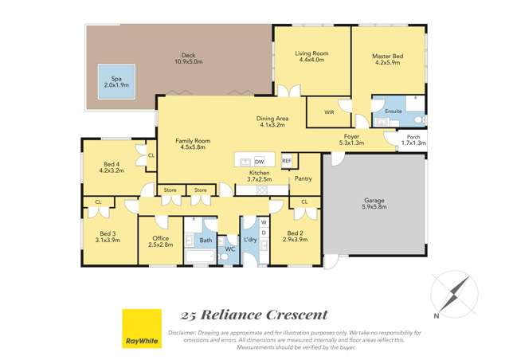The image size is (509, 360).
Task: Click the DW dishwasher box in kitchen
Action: [260, 161]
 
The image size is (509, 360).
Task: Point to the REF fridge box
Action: [287, 160]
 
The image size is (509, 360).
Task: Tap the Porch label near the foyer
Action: [414, 137]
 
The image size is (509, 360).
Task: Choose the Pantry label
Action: [303, 178]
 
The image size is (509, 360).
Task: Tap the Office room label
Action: [159, 238]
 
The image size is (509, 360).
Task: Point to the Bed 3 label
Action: [101, 233]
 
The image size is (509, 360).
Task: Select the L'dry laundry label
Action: [249, 239]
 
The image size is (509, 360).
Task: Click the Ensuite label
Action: [393, 111]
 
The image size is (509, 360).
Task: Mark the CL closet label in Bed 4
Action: [151, 155]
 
